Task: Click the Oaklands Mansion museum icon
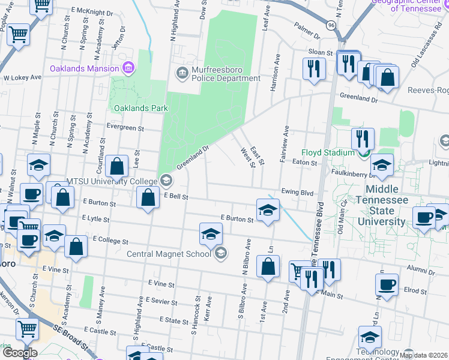[x=128, y=68]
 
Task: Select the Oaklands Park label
[x=139, y=108]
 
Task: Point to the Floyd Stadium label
[x=327, y=153]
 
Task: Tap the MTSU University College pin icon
[x=166, y=180]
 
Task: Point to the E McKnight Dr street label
[x=91, y=11]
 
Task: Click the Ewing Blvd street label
[x=298, y=193]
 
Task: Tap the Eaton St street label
[x=304, y=163]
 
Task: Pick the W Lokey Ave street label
[x=22, y=77]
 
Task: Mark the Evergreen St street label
[x=125, y=128]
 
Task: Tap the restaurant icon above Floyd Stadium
[x=363, y=138]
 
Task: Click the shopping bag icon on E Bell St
[x=148, y=197]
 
